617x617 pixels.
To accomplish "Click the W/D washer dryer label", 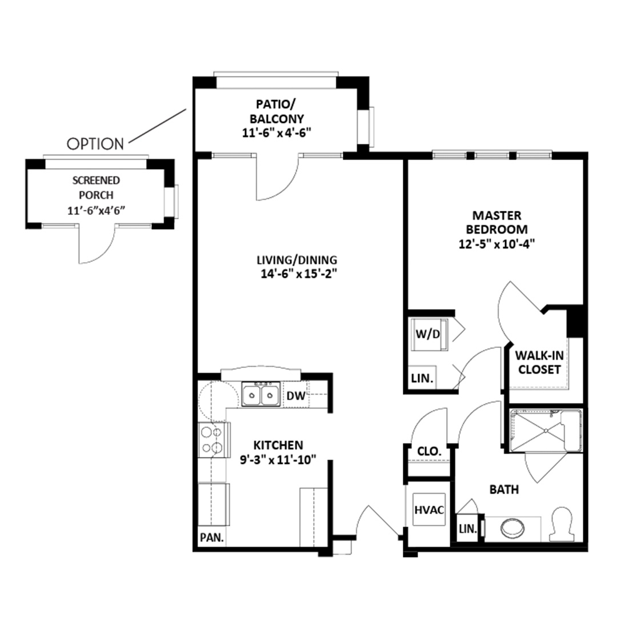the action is [x=428, y=334].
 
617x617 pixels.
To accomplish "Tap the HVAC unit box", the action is [x=429, y=510].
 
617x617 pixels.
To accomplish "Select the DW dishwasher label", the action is [x=296, y=395].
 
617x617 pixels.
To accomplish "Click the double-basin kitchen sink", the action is [x=261, y=394].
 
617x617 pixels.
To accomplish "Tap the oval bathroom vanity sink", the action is [x=512, y=528].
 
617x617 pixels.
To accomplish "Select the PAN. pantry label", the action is [x=212, y=538].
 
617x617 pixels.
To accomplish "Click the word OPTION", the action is [x=95, y=144].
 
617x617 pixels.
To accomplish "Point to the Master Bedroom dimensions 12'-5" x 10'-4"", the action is [x=496, y=244].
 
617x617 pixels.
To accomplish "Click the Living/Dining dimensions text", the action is [x=299, y=274].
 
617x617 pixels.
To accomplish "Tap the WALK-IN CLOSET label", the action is [x=539, y=362].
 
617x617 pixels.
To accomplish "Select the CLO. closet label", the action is [x=429, y=451].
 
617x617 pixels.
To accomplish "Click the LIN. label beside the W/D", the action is [x=422, y=379].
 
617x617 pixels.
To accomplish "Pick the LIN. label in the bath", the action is [x=468, y=529].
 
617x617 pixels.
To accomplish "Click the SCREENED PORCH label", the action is [x=96, y=188].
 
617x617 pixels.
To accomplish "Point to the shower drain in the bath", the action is [x=546, y=431].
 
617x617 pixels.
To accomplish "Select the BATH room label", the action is [x=504, y=490].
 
